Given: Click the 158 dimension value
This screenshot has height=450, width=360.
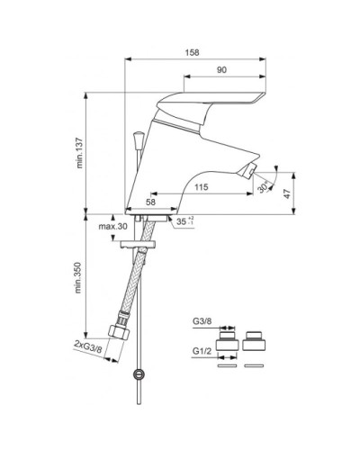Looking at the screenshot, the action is click(x=192, y=52).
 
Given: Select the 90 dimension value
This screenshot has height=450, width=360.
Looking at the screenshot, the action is click(x=221, y=70).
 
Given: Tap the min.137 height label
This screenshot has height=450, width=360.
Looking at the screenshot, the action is click(x=79, y=153).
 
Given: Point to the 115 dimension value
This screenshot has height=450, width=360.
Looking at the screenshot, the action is click(x=201, y=187).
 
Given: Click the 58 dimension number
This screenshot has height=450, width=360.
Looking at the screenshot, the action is click(x=150, y=202).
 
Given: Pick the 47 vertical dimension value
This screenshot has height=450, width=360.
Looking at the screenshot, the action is click(x=287, y=193).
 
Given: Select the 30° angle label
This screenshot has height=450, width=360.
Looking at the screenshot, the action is click(x=263, y=188).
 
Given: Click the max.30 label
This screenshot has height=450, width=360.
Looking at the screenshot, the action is click(x=113, y=226).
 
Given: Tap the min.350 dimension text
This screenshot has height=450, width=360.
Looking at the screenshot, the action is click(x=78, y=277).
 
